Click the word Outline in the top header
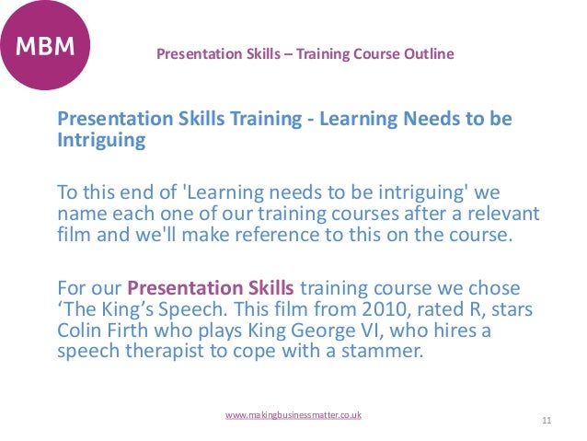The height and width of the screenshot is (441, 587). tap(428, 53)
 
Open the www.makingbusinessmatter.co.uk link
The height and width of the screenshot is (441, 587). tap(293, 415)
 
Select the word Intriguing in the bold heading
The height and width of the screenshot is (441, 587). tap(101, 142)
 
